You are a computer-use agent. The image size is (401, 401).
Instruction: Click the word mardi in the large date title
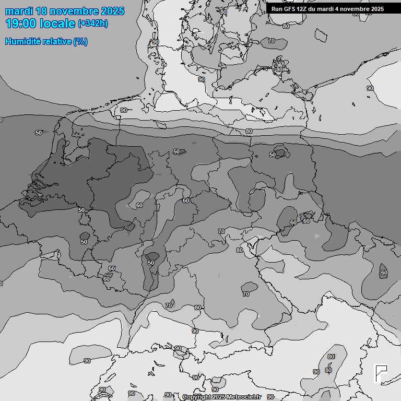click(x=21, y=11)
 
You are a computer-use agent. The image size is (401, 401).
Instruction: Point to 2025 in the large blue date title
click(x=113, y=11)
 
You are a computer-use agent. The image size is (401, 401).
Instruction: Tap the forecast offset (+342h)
click(x=93, y=23)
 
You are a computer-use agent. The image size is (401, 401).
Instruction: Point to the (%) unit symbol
click(x=80, y=42)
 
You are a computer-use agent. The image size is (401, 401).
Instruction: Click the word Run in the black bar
click(x=277, y=9)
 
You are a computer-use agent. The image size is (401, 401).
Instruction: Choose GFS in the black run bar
click(x=290, y=9)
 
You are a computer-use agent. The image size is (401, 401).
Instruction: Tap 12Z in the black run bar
click(x=303, y=9)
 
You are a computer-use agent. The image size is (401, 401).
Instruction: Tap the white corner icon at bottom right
click(x=381, y=374)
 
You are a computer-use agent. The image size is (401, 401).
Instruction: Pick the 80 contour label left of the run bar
click(x=223, y=12)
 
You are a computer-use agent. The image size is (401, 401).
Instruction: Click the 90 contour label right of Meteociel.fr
click(x=270, y=397)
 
